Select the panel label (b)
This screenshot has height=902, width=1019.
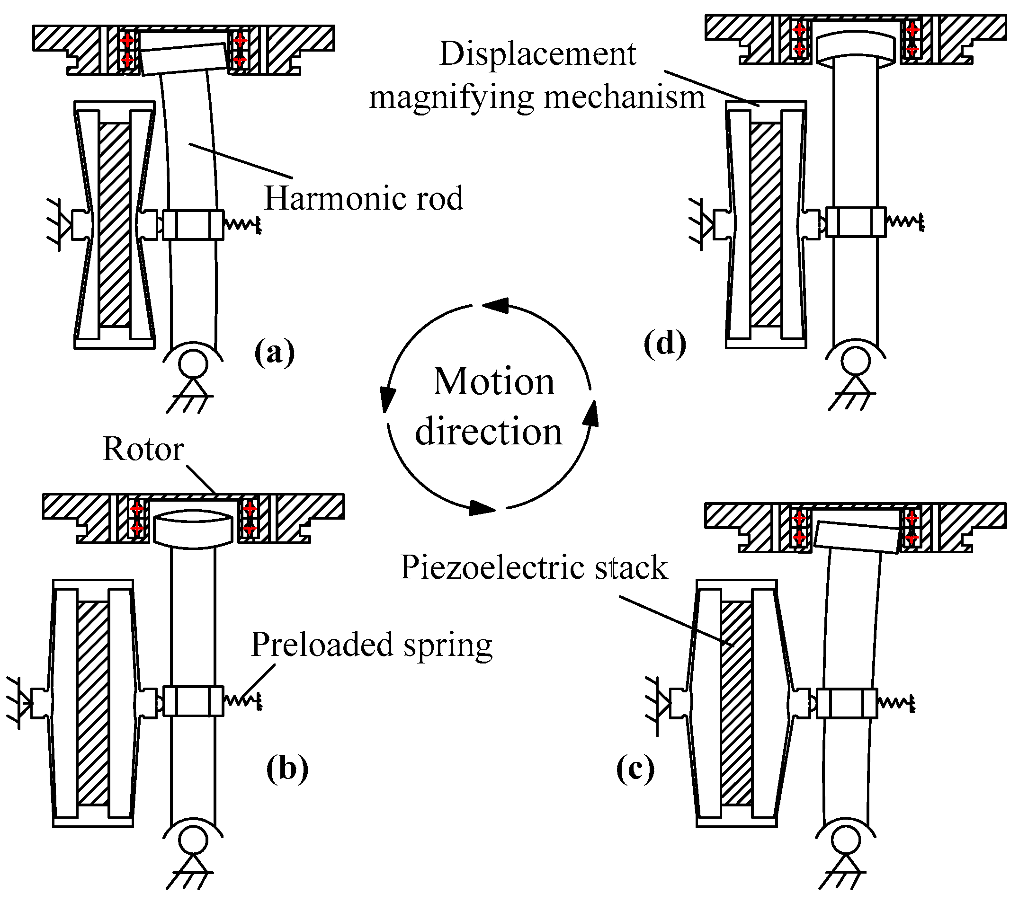287,769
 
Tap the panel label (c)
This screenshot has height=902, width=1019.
635,769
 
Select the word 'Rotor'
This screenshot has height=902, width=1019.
143,449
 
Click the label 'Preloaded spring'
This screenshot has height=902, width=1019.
371,645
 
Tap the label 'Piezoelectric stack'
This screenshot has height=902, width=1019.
534,567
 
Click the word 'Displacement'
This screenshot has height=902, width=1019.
537,53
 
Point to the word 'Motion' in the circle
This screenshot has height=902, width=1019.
493,381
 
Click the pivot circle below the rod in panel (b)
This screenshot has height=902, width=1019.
193,840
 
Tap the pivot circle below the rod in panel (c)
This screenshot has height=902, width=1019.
846,840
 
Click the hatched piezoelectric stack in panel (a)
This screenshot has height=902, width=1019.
114,224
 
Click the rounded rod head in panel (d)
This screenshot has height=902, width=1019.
856,47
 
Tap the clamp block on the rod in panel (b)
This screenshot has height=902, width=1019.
193,701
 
